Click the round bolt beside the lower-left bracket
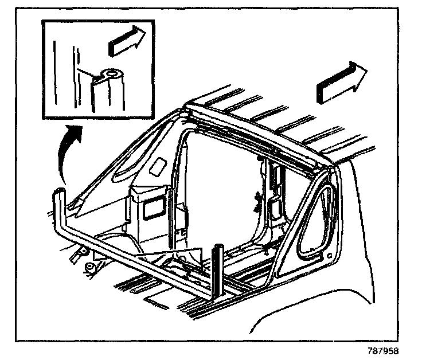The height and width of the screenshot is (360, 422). coord(90,268)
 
